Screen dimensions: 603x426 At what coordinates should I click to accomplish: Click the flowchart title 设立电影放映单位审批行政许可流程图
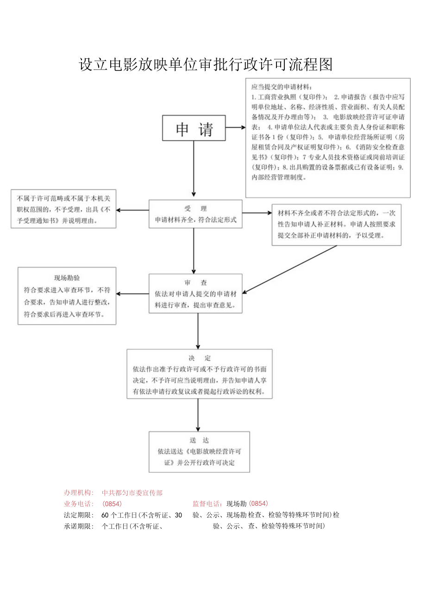pos(206,64)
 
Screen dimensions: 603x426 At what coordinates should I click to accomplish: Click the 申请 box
pos(194,128)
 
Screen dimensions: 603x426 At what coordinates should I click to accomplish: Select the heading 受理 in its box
pos(195,208)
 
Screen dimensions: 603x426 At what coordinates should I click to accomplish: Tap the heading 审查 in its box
pos(195,282)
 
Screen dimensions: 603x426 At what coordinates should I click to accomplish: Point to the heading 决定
pos(200,358)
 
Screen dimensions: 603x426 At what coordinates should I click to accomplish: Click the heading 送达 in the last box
pos(199,440)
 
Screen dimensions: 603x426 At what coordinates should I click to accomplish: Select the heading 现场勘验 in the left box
pos(67,278)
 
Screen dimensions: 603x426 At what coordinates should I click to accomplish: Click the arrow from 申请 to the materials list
pos(236,127)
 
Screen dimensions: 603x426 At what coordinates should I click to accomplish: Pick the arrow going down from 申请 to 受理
pos(194,169)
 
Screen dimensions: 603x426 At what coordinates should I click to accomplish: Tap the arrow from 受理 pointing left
pos(132,210)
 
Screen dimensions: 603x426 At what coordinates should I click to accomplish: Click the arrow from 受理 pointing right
pos(257,213)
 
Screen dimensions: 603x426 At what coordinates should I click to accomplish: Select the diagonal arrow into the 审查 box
pos(289,269)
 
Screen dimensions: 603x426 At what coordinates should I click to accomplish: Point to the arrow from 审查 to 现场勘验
pos(132,293)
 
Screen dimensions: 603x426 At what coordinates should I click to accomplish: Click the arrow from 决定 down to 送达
pos(198,415)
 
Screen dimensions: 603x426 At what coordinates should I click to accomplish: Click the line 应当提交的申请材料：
pos(282,87)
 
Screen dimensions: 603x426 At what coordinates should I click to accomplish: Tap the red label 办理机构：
pos(79,493)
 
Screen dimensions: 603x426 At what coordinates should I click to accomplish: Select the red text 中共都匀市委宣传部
pos(132,493)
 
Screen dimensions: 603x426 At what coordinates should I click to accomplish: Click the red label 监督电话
pos(207,504)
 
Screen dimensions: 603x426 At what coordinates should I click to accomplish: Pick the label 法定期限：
pos(79,515)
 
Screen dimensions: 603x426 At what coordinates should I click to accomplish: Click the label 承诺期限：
pos(79,526)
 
